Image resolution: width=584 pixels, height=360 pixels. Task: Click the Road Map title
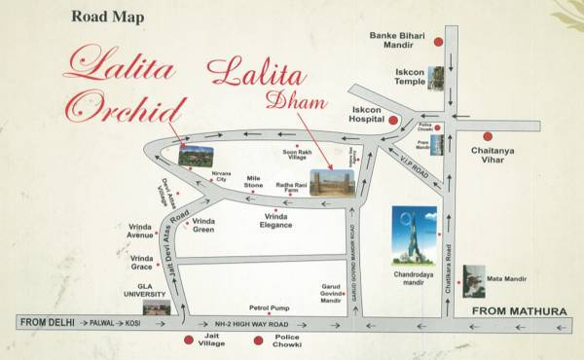(108, 16)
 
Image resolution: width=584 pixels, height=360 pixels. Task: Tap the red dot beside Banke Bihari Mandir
(439, 43)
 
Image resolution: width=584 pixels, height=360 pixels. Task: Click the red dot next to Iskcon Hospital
(393, 121)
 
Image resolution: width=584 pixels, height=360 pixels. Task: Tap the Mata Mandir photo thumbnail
(474, 280)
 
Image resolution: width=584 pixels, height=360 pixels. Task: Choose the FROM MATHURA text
(519, 311)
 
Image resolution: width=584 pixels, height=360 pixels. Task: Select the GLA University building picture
(156, 306)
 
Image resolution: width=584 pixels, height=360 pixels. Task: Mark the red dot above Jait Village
(188, 340)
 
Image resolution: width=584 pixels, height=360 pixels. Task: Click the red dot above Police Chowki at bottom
(258, 340)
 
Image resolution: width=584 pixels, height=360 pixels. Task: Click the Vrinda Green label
(203, 226)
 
